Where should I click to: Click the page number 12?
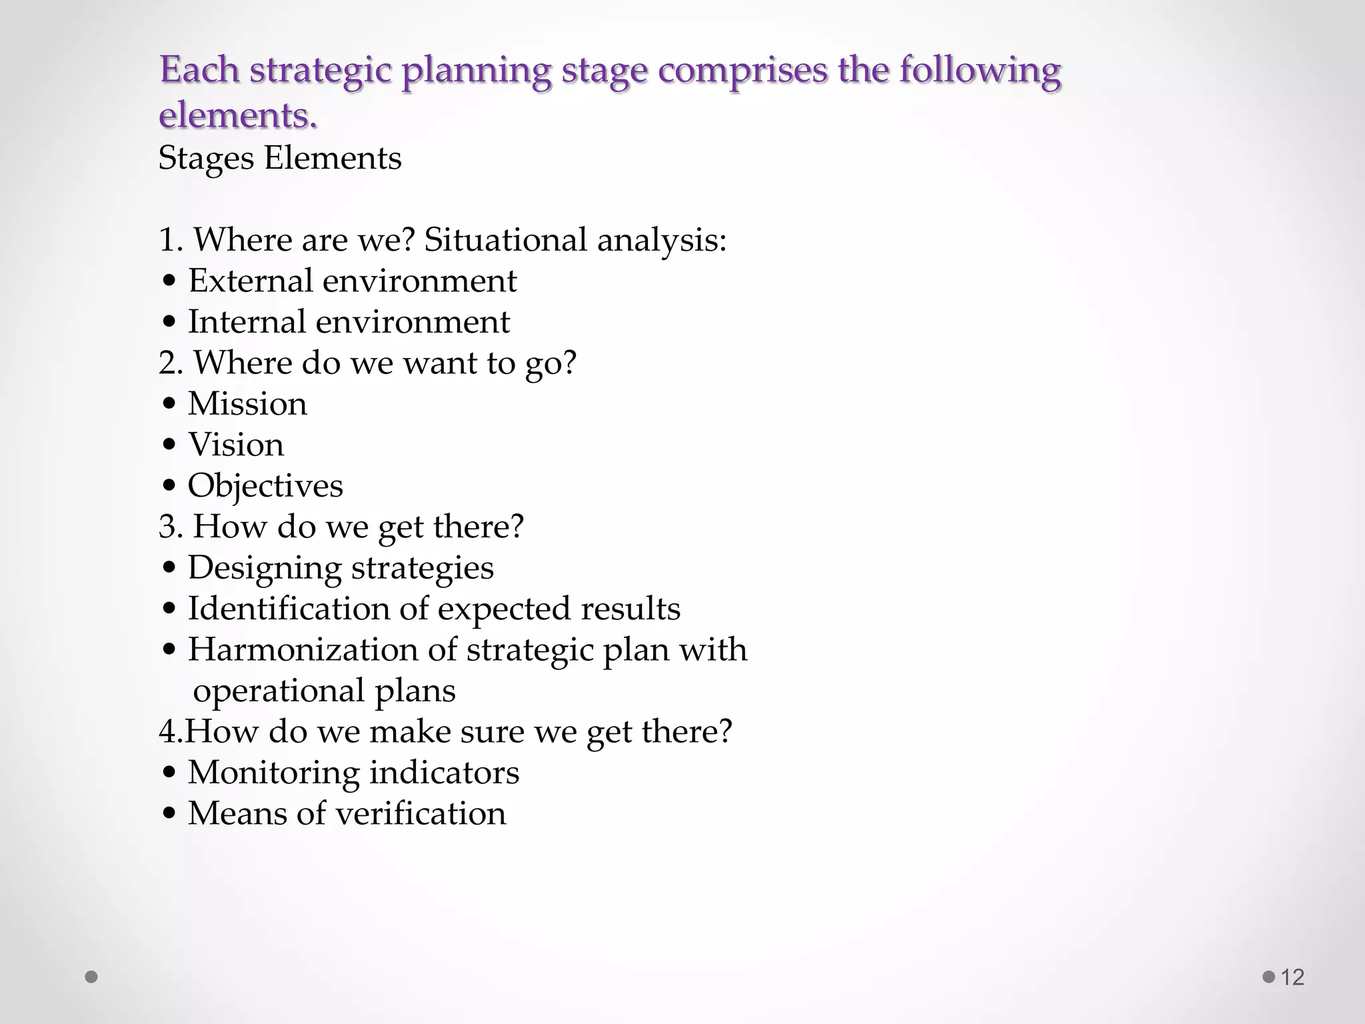pyautogui.click(x=1292, y=977)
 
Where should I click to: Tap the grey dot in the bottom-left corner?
pyautogui.click(x=92, y=977)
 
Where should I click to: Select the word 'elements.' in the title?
pyautogui.click(x=238, y=115)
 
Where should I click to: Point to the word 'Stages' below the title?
pyautogui.click(x=206, y=159)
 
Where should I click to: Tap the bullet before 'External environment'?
pyautogui.click(x=169, y=281)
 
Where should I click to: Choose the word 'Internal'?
pyautogui.click(x=246, y=322)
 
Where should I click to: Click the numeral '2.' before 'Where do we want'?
pyautogui.click(x=171, y=363)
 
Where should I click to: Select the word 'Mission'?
pyautogui.click(x=247, y=404)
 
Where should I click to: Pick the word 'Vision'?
pyautogui.click(x=236, y=445)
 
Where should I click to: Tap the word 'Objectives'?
pyautogui.click(x=265, y=486)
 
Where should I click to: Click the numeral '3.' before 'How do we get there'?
pyautogui.click(x=171, y=527)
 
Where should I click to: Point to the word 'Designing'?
pyautogui.click(x=265, y=569)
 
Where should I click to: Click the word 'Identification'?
pyautogui.click(x=288, y=609)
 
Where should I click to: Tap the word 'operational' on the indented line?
pyautogui.click(x=279, y=691)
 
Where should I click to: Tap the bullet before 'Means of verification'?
pyautogui.click(x=169, y=814)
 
